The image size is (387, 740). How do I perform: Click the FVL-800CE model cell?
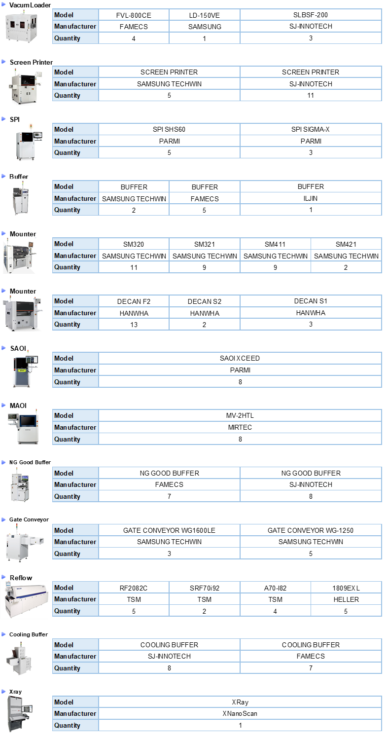point(134,15)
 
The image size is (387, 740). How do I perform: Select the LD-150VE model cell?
point(205,15)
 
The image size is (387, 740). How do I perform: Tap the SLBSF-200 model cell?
point(311,15)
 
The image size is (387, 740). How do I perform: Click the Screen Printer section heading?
point(31,62)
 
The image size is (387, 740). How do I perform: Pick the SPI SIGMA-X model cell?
point(311,129)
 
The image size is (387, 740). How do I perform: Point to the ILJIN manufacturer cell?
point(311,198)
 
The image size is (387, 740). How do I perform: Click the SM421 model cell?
point(346,244)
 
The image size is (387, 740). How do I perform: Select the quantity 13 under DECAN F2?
point(134,325)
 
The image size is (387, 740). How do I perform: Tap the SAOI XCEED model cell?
point(240,359)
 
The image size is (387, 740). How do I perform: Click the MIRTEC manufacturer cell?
point(240,427)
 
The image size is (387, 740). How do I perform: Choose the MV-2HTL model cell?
point(240,415)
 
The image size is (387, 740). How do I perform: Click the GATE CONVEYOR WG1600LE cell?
point(169,530)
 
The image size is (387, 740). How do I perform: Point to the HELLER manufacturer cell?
point(346,599)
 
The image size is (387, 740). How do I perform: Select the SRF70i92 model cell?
point(205,588)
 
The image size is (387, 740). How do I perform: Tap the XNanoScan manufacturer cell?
point(240,713)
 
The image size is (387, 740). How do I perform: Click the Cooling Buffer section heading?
point(29,634)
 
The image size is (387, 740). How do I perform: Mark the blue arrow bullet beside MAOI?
point(3,405)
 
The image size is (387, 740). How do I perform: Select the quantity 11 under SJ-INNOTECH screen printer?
point(311,96)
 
